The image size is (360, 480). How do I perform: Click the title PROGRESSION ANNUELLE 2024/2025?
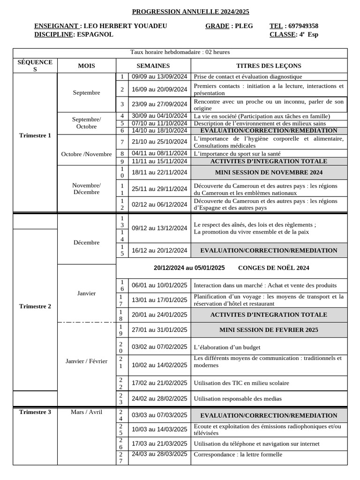190,12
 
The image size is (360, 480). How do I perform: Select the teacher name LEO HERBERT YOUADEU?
125,26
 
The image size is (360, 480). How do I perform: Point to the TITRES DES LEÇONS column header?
269,66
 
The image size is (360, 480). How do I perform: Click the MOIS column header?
86,66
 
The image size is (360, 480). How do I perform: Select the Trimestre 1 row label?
35,135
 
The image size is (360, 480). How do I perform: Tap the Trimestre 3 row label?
35,412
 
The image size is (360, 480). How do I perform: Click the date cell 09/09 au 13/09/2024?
159,76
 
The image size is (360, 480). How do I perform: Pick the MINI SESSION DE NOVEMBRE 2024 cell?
269,172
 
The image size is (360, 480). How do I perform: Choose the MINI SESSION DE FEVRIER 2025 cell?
269,330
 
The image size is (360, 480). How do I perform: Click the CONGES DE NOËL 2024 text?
274,268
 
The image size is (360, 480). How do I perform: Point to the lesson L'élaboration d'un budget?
227,347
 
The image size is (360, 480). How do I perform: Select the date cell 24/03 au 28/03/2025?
159,454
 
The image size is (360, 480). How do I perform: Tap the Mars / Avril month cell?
86,412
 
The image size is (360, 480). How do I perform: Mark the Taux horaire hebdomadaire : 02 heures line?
180,52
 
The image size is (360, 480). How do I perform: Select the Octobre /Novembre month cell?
86,154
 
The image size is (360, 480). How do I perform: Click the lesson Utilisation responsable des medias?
238,399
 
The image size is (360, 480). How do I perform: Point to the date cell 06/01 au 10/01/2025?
159,285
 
